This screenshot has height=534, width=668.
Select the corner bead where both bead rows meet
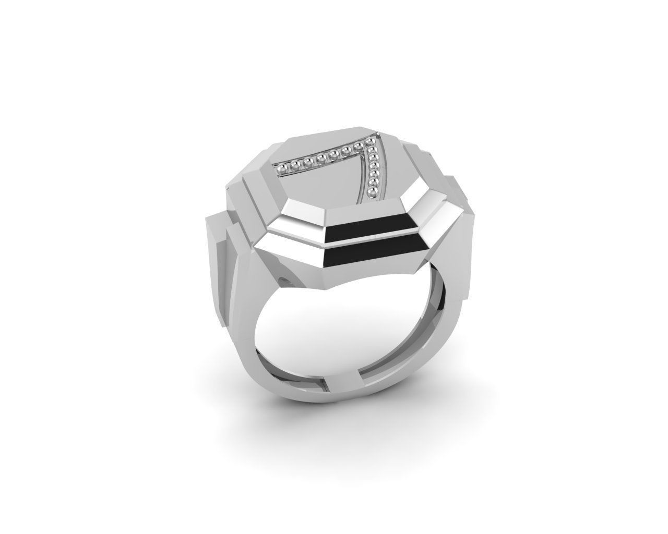click(369, 142)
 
